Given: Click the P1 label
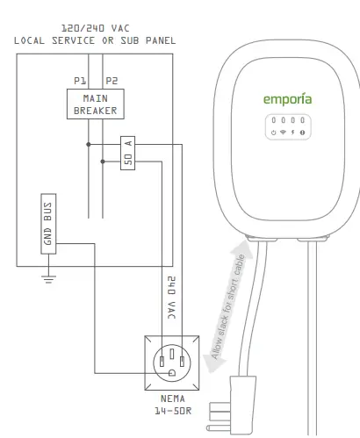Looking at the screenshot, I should [x=80, y=80].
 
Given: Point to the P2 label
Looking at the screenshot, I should [x=111, y=80].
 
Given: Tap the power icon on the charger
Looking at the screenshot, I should [x=273, y=132].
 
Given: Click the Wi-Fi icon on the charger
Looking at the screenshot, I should [x=283, y=132].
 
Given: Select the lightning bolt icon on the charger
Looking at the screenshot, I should [x=292, y=132].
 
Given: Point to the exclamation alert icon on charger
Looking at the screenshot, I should [x=302, y=132].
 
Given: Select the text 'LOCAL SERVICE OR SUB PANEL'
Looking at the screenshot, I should [x=94, y=40].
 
